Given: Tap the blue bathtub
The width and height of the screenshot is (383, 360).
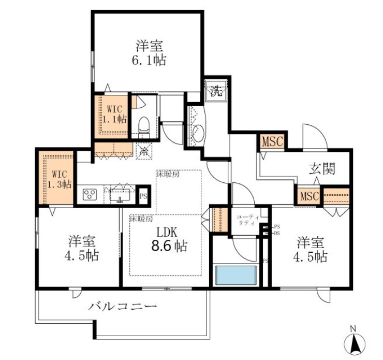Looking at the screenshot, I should [x=236, y=275].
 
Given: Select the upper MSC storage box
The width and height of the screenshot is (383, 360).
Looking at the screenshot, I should [x=272, y=141].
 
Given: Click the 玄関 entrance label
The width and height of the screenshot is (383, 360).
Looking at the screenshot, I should [x=322, y=168].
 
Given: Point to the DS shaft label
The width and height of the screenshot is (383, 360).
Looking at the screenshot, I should [x=276, y=233].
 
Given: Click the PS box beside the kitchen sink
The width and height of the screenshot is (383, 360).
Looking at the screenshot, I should [x=144, y=196].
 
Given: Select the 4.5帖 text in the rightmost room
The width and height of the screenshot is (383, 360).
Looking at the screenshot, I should [x=311, y=256].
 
